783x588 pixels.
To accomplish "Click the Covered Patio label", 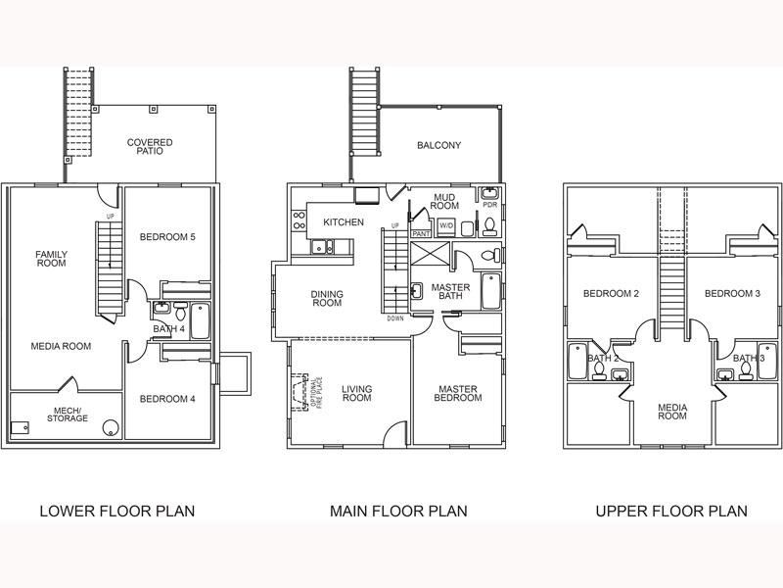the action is (150, 146).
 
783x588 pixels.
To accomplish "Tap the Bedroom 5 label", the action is (167, 237).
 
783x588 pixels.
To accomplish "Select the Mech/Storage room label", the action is (68, 415).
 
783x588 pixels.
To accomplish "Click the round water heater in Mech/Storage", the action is (111, 428).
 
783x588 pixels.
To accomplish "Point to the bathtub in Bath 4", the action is (201, 321).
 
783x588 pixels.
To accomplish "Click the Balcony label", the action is (438, 145).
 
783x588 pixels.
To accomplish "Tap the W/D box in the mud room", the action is (446, 226).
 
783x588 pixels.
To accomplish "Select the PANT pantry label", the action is (421, 234).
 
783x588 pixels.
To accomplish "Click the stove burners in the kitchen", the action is (299, 220).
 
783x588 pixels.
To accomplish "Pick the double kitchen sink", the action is (322, 247).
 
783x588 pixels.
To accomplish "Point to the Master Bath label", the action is (450, 291).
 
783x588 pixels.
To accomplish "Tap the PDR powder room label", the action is (490, 205).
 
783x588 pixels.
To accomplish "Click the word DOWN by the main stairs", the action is (395, 318).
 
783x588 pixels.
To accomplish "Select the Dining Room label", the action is (327, 299).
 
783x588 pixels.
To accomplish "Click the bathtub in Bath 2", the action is (577, 361).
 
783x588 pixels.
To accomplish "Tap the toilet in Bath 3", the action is (746, 371).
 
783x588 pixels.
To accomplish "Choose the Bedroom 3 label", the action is (732, 293).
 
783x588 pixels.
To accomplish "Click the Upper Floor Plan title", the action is (671, 511).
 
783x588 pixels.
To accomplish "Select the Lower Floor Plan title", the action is (117, 511).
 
